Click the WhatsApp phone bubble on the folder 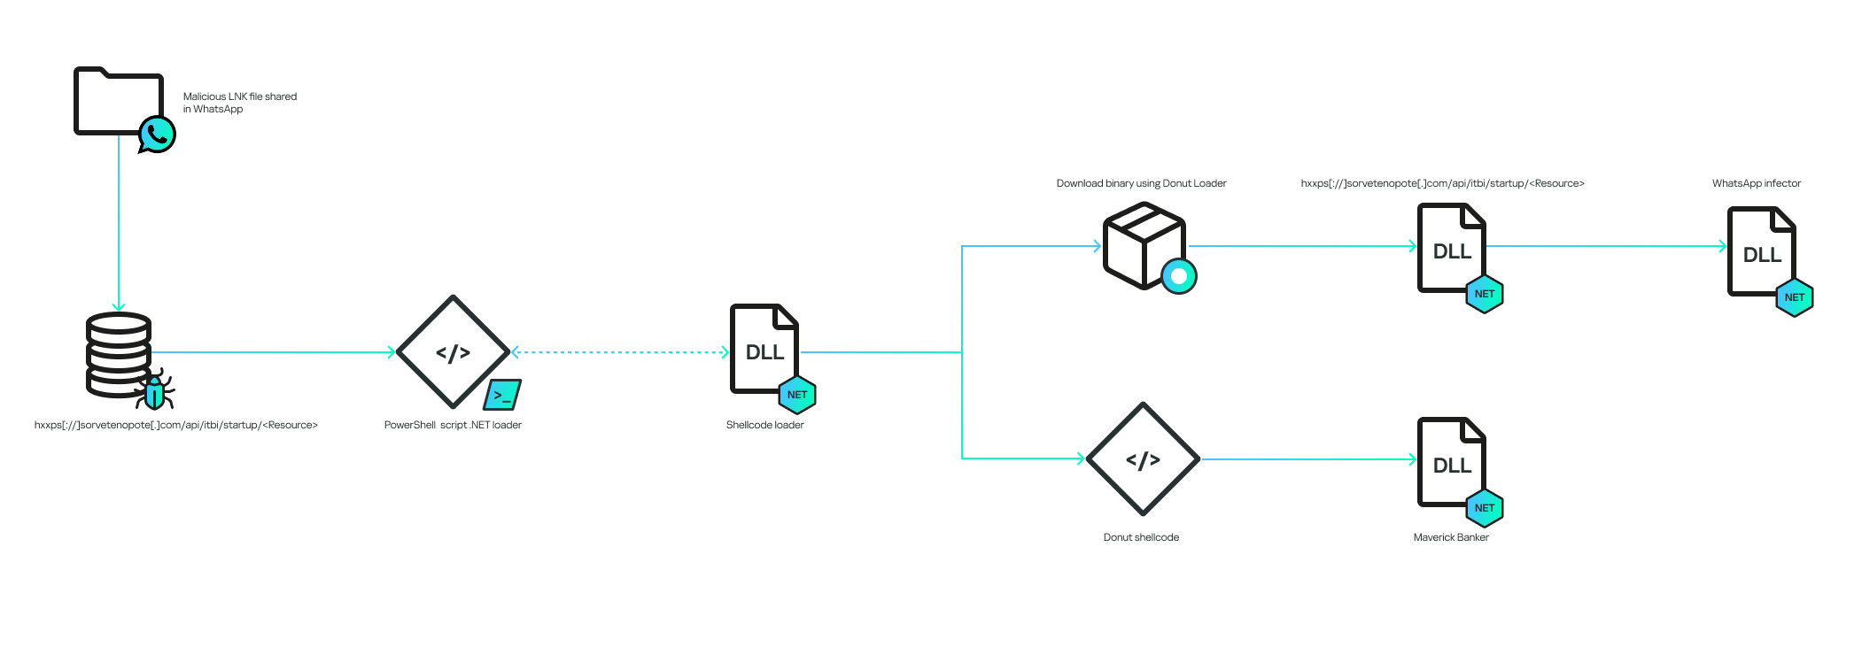point(158,135)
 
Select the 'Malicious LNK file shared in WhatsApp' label point(239,103)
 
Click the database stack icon point(118,354)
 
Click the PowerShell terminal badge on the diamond point(502,395)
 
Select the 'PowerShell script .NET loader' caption point(453,425)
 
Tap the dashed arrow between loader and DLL point(620,352)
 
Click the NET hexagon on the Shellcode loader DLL point(797,395)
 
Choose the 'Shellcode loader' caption point(764,425)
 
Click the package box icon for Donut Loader point(1143,245)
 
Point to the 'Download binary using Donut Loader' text point(1141,183)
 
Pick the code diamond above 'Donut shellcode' point(1143,459)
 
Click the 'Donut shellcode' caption point(1141,537)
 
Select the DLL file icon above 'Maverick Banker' point(1451,462)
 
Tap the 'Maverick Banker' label point(1451,537)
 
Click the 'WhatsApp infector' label point(1756,183)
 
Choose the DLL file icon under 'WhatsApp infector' point(1761,252)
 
